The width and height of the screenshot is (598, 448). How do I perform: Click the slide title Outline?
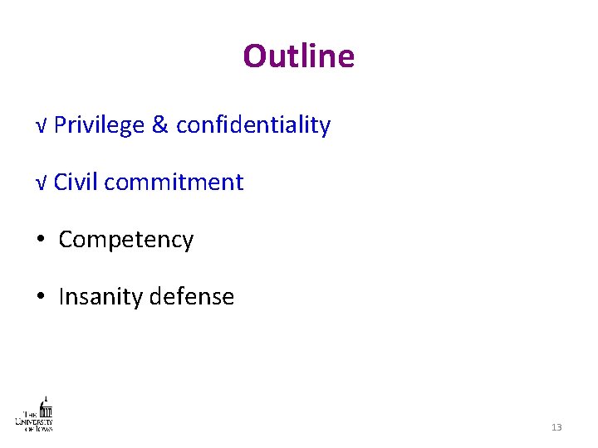pyautogui.click(x=298, y=56)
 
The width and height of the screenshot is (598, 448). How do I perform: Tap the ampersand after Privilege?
pyautogui.click(x=159, y=125)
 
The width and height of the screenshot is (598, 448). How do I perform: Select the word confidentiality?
pyautogui.click(x=253, y=125)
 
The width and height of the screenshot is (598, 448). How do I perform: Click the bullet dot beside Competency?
pyautogui.click(x=41, y=241)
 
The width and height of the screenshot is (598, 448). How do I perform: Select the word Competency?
pyautogui.click(x=126, y=241)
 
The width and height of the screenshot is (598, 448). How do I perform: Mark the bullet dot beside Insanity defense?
pyautogui.click(x=41, y=297)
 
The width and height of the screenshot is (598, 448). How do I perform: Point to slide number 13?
pyautogui.click(x=556, y=427)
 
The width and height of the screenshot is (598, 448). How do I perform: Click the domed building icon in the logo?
pyautogui.click(x=47, y=408)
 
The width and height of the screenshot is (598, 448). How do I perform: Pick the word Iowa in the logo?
pyautogui.click(x=42, y=428)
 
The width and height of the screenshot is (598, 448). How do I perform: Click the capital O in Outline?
pyautogui.click(x=253, y=56)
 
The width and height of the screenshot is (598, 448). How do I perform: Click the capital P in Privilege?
pyautogui.click(x=65, y=125)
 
